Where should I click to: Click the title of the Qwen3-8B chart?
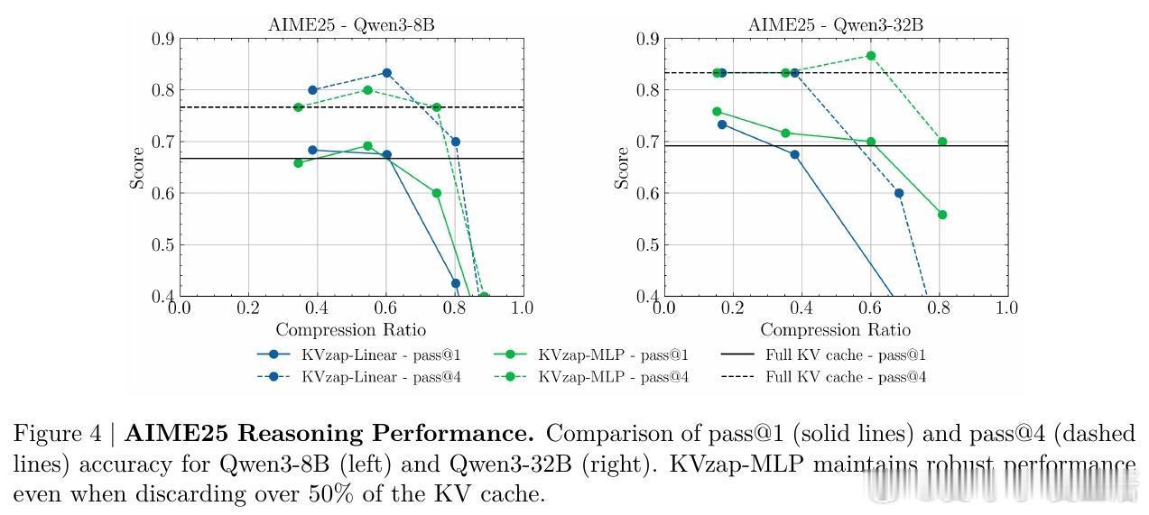coord(350,24)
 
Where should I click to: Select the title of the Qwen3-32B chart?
coord(835,24)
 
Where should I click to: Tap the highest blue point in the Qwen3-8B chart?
coord(386,73)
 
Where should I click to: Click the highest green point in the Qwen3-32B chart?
coord(871,56)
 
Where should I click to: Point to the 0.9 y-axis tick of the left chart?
coord(162,39)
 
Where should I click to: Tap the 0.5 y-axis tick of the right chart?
coord(648,244)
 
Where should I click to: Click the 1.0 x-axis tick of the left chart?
coord(523,308)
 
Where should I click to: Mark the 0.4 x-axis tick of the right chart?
coord(801,308)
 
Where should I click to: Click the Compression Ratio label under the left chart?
coord(350,329)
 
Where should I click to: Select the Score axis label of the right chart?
coord(622,168)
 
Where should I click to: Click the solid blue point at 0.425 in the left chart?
coord(456,283)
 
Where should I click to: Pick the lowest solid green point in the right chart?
coord(942,215)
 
